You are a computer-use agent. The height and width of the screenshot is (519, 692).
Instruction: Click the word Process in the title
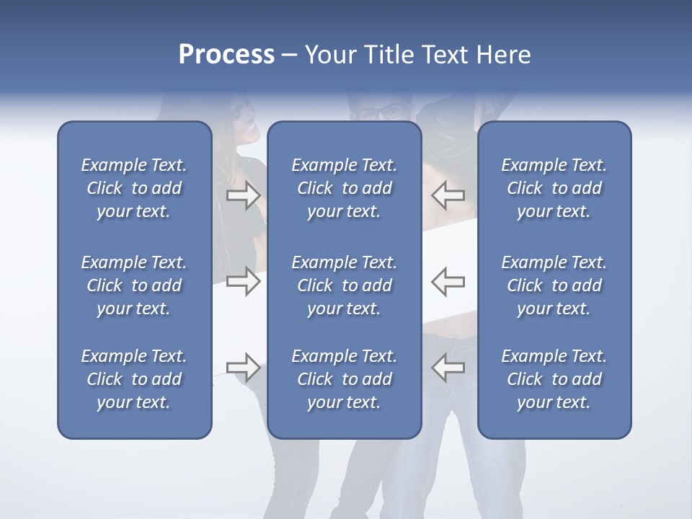[226, 55]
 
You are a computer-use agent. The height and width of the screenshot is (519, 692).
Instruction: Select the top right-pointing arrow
[243, 195]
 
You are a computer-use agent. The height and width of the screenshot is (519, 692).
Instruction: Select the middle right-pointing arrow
[243, 281]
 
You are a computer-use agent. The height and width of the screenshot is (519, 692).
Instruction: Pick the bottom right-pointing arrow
[243, 368]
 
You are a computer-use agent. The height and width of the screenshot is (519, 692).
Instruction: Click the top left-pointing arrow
[448, 195]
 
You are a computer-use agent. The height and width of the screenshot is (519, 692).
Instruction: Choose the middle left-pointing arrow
[448, 281]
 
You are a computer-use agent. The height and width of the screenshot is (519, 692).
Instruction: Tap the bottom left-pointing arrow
[448, 368]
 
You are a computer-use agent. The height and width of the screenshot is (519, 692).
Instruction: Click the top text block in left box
[134, 188]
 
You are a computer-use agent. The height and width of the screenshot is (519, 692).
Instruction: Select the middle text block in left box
[134, 285]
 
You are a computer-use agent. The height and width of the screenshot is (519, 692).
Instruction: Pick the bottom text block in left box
[134, 379]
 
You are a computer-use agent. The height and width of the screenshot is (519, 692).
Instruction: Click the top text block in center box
[344, 188]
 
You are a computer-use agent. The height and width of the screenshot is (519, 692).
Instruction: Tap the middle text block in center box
[344, 285]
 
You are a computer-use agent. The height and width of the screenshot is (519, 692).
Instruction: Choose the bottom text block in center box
[344, 379]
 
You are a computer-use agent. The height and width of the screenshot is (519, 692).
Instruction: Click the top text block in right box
[554, 188]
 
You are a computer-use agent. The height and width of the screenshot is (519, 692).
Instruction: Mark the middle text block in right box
[554, 285]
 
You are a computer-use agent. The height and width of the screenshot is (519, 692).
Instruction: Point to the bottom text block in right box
[554, 379]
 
